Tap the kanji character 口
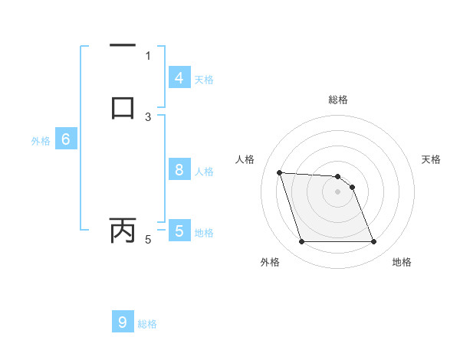(123, 106)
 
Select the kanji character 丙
(123, 230)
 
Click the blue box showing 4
(179, 77)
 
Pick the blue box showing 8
(179, 170)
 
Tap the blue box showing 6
(66, 139)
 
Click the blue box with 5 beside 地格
(179, 231)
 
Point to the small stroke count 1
(148, 55)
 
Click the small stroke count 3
(148, 116)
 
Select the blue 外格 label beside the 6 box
(41, 141)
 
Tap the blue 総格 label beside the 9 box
(147, 324)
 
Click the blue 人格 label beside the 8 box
(205, 172)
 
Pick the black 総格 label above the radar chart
(337, 100)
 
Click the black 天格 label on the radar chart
(431, 159)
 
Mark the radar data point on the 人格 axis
(280, 173)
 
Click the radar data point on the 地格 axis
(373, 242)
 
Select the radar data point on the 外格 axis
(301, 242)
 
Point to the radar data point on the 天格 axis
(352, 187)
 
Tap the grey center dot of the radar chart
(337, 192)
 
